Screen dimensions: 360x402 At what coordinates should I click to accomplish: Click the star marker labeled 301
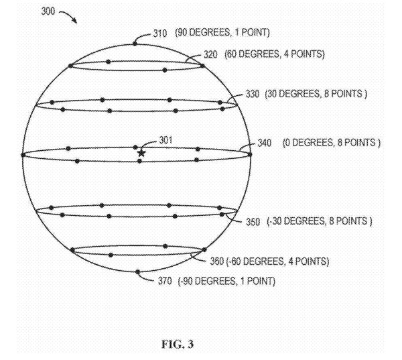click(x=141, y=153)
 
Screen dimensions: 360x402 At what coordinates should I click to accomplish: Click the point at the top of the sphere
click(x=135, y=43)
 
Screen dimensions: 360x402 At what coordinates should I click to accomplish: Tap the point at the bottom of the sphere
click(x=137, y=272)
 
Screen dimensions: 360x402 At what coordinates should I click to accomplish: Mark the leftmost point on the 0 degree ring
click(x=23, y=155)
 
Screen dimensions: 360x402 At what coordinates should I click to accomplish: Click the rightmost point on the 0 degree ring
click(x=249, y=154)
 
